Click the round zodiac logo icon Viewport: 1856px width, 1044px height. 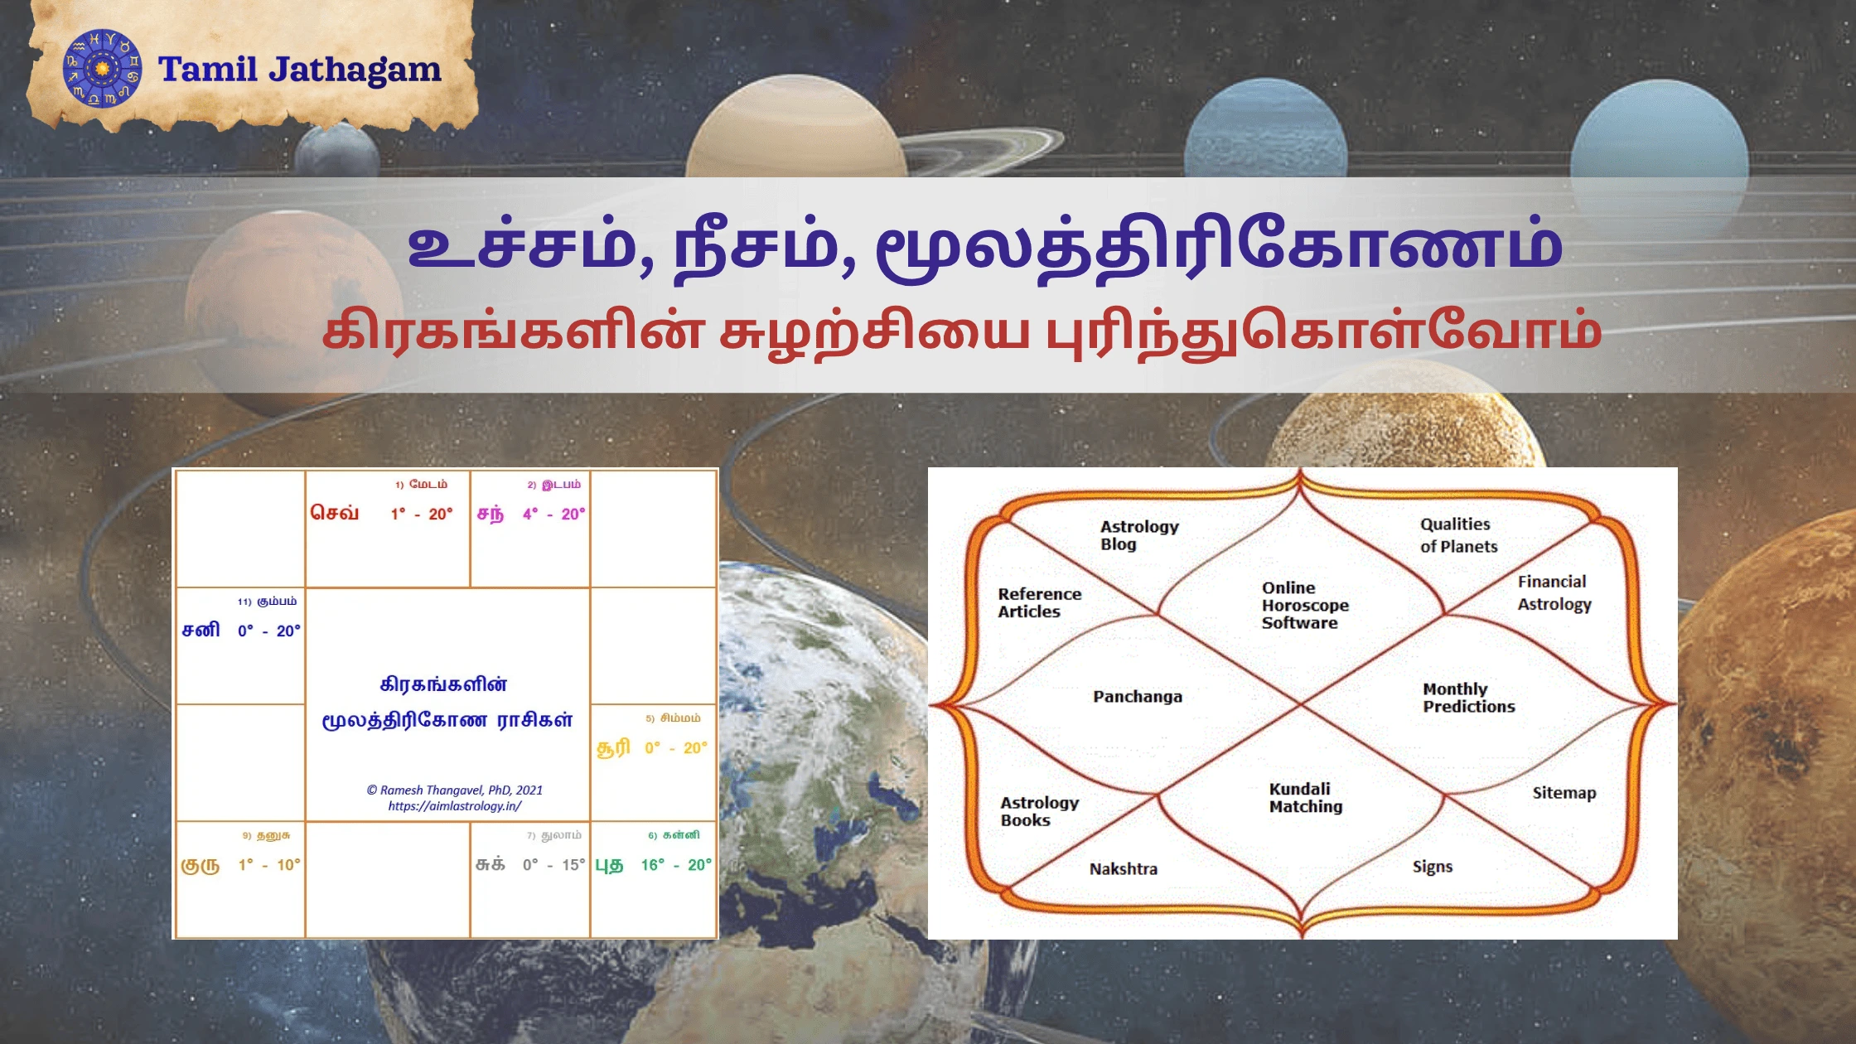click(102, 69)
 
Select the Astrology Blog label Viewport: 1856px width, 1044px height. click(1139, 535)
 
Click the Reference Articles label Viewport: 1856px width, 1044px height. click(1039, 602)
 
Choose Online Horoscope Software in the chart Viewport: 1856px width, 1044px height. click(1305, 605)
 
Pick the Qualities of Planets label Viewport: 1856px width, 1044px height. click(1459, 535)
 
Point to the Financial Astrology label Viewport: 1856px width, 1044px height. click(1554, 593)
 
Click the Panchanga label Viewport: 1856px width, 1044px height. click(1138, 697)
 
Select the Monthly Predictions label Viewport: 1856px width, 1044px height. click(1469, 698)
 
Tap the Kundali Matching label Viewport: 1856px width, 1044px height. click(1306, 798)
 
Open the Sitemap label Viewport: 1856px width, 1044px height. click(1564, 793)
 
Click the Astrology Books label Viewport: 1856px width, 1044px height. click(1040, 811)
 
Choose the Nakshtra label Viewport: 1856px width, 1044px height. click(1124, 869)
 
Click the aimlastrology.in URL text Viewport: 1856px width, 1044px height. click(455, 806)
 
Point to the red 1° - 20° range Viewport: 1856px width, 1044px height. click(422, 514)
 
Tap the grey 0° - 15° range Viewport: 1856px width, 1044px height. click(553, 865)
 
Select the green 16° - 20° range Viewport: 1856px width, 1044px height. click(676, 865)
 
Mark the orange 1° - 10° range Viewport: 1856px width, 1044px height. click(269, 865)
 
